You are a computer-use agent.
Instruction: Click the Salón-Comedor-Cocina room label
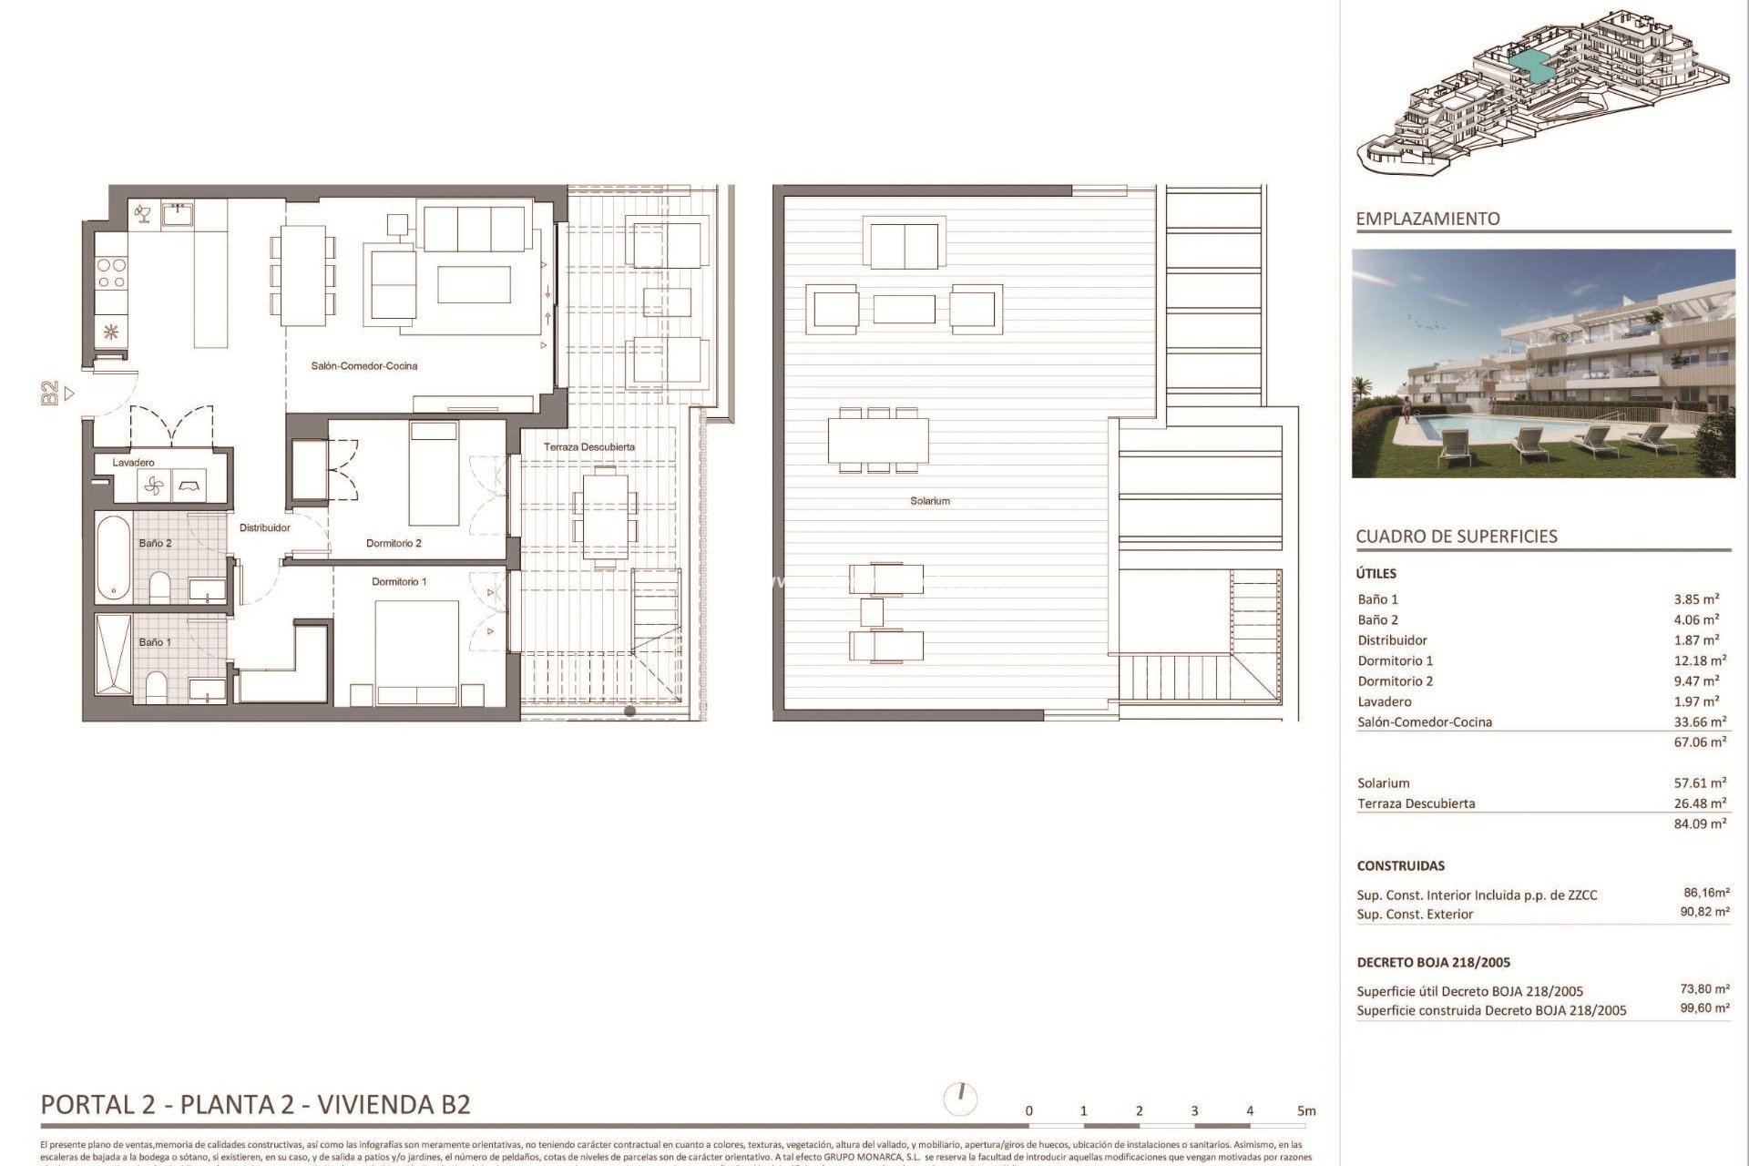point(364,366)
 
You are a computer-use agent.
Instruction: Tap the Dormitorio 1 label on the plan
point(399,581)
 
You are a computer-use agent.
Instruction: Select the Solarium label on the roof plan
point(929,501)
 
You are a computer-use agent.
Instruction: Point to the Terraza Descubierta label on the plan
point(589,447)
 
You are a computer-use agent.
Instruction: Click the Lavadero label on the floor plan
point(133,463)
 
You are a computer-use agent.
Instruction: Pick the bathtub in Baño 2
point(113,557)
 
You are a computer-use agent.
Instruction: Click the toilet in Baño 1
point(156,689)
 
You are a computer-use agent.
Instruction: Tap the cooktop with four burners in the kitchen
point(111,273)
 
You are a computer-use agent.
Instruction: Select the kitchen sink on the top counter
point(178,214)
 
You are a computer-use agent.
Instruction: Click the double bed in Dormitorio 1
point(417,651)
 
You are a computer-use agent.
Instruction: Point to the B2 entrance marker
point(50,394)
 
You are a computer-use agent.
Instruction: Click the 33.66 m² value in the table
point(1700,722)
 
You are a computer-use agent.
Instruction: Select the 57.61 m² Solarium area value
point(1700,783)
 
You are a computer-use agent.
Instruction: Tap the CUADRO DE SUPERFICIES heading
point(1457,537)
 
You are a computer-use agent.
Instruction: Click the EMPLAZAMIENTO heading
point(1427,219)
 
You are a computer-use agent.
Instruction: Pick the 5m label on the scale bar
point(1306,1111)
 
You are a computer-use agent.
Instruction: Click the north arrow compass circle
point(961,1099)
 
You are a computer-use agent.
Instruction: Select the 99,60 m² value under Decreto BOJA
point(1704,1008)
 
